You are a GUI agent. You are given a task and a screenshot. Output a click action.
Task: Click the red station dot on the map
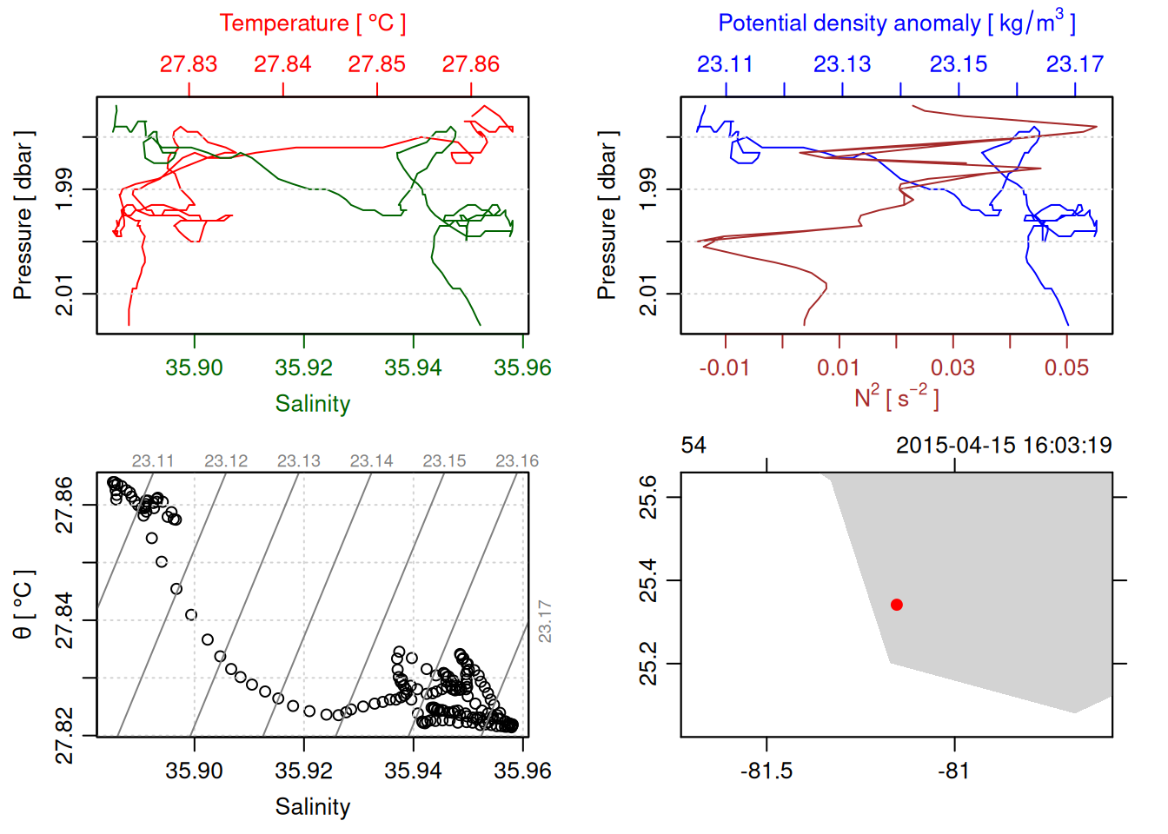tap(896, 605)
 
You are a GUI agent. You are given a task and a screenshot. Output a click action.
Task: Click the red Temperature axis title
tap(312, 23)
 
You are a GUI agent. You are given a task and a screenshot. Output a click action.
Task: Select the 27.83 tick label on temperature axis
tap(189, 64)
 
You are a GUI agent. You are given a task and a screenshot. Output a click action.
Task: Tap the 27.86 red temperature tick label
tap(471, 64)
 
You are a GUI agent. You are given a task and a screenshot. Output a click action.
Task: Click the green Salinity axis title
tap(312, 404)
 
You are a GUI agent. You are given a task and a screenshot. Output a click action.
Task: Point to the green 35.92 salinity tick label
tap(303, 367)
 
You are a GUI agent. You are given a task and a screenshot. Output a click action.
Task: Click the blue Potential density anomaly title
tap(896, 23)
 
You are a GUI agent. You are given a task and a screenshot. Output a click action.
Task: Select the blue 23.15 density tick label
tap(959, 64)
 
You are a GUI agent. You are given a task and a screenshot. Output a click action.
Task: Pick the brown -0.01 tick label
tap(725, 367)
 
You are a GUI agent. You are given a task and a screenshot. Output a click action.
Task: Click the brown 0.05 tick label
tap(1067, 367)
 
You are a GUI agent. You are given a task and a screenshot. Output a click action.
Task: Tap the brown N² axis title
tap(896, 397)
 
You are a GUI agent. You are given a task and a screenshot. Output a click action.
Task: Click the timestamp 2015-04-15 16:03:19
tap(1004, 446)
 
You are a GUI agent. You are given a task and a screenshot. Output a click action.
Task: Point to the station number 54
tap(693, 446)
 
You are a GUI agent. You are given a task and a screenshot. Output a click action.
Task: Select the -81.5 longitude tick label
tap(766, 771)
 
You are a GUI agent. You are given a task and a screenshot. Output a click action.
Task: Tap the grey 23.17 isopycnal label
tap(545, 621)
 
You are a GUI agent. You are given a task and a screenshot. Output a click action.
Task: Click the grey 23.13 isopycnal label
tap(299, 461)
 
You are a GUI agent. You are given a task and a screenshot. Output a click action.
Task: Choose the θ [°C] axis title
tap(23, 605)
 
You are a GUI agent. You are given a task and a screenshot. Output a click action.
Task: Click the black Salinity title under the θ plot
tap(312, 807)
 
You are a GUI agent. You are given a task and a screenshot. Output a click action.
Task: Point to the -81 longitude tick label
tap(954, 771)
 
